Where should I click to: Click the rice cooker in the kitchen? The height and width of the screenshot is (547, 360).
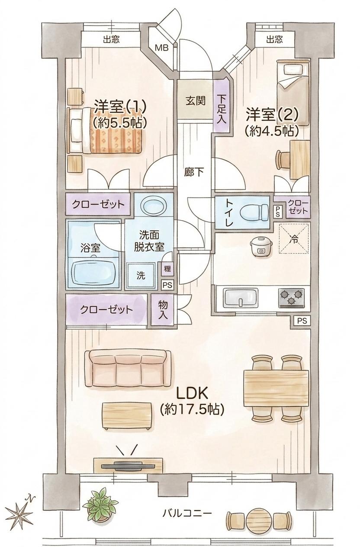[x=261, y=247]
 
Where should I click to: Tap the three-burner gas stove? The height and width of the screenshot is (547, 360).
[x=291, y=298]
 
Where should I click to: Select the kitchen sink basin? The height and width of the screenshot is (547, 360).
[x=241, y=298]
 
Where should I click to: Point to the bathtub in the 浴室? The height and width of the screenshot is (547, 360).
[x=93, y=273]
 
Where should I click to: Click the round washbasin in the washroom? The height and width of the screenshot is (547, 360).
[x=154, y=205]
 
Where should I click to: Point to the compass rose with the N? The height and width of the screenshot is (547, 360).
[x=19, y=510]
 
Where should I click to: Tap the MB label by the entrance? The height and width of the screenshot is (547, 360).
[x=162, y=48]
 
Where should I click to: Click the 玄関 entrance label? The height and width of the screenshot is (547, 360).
[x=195, y=101]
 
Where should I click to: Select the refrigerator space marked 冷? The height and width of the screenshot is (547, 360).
[x=294, y=238]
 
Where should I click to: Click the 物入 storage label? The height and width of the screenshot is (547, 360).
[x=163, y=310]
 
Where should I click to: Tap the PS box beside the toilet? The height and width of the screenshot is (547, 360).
[x=278, y=211]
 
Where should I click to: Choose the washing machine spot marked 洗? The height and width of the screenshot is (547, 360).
[x=141, y=276]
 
